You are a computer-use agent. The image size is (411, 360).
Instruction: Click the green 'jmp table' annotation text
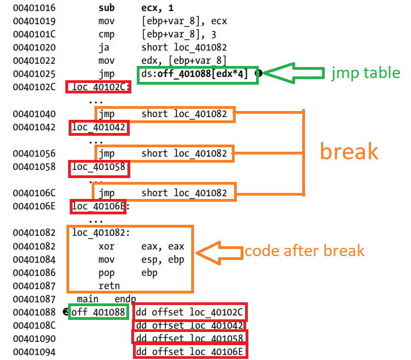point(365,73)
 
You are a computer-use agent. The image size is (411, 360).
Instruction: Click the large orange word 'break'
point(349,151)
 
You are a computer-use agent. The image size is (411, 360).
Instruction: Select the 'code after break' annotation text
point(304,251)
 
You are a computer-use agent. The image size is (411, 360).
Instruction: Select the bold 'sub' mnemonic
point(107,8)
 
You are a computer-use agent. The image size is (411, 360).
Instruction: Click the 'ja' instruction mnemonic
point(103,48)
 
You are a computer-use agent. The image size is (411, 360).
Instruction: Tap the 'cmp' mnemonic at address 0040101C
point(107,35)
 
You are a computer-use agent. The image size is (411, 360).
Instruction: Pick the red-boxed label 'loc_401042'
point(99,128)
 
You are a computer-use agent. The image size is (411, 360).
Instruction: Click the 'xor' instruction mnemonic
point(107,246)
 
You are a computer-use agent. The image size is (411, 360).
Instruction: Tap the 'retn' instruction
point(109,285)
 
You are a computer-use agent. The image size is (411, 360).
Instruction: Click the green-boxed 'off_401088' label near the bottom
point(99,312)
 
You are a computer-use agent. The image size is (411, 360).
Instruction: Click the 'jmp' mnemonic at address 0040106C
point(107,192)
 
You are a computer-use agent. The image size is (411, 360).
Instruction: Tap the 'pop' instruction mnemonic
point(107,272)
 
